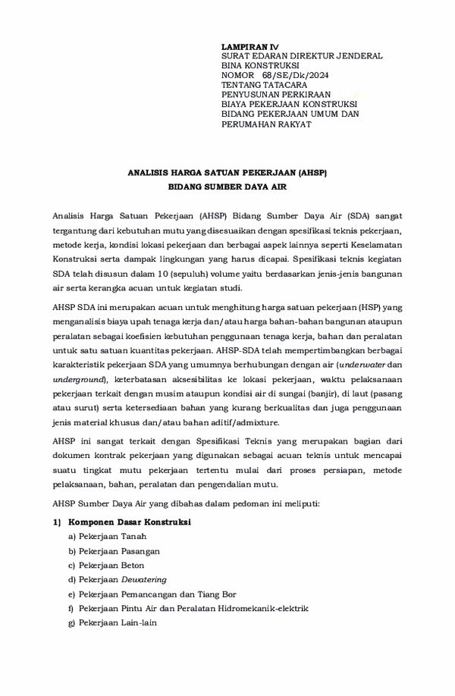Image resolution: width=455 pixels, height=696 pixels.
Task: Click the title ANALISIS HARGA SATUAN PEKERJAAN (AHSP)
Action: pyautogui.click(x=227, y=173)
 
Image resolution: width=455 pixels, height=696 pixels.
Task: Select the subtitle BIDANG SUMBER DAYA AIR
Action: pyautogui.click(x=227, y=186)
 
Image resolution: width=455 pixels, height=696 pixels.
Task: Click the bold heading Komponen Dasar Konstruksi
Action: pyautogui.click(x=129, y=522)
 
